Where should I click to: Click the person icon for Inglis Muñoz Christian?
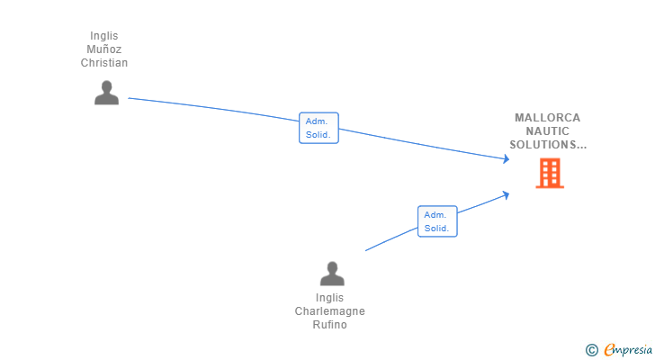(106, 93)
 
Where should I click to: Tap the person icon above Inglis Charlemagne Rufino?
(332, 274)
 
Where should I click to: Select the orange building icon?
(550, 174)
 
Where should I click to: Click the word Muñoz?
(104, 49)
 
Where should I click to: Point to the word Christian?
(104, 63)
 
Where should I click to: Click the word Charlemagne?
(329, 311)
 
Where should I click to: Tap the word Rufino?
(329, 325)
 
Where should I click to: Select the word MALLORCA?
(547, 118)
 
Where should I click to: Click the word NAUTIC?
(547, 131)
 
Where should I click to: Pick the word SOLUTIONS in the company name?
(543, 145)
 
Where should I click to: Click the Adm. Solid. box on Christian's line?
(319, 128)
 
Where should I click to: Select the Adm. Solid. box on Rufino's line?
(437, 221)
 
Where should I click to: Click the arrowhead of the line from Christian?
(507, 158)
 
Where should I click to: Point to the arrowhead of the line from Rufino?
(506, 195)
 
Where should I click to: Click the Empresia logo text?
(628, 349)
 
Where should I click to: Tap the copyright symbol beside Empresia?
(591, 350)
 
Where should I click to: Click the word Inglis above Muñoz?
(104, 36)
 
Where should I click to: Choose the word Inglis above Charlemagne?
(329, 298)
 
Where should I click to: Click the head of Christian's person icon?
(106, 86)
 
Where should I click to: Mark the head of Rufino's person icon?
(332, 267)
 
